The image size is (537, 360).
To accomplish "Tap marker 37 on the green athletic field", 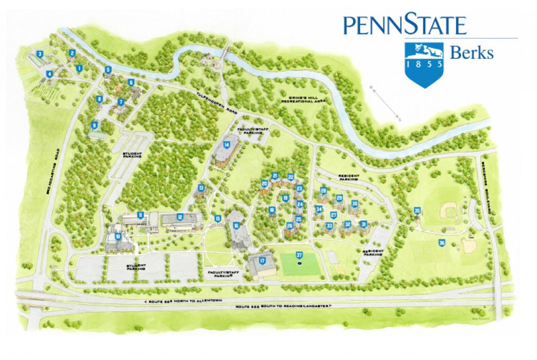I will pos(299,255).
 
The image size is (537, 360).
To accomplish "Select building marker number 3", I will pos(40,54).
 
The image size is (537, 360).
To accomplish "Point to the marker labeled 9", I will pos(94,125).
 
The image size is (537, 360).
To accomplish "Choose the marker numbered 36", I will pos(442,243).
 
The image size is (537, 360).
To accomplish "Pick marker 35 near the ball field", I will pos(417,211).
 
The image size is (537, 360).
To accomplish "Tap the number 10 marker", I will pos(119,236).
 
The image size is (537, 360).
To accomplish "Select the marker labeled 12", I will pos(180,217).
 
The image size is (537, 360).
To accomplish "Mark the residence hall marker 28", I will pos(323,191).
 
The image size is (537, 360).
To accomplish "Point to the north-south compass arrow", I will pos(385,103).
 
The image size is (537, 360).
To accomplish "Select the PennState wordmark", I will pos(404,25).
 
